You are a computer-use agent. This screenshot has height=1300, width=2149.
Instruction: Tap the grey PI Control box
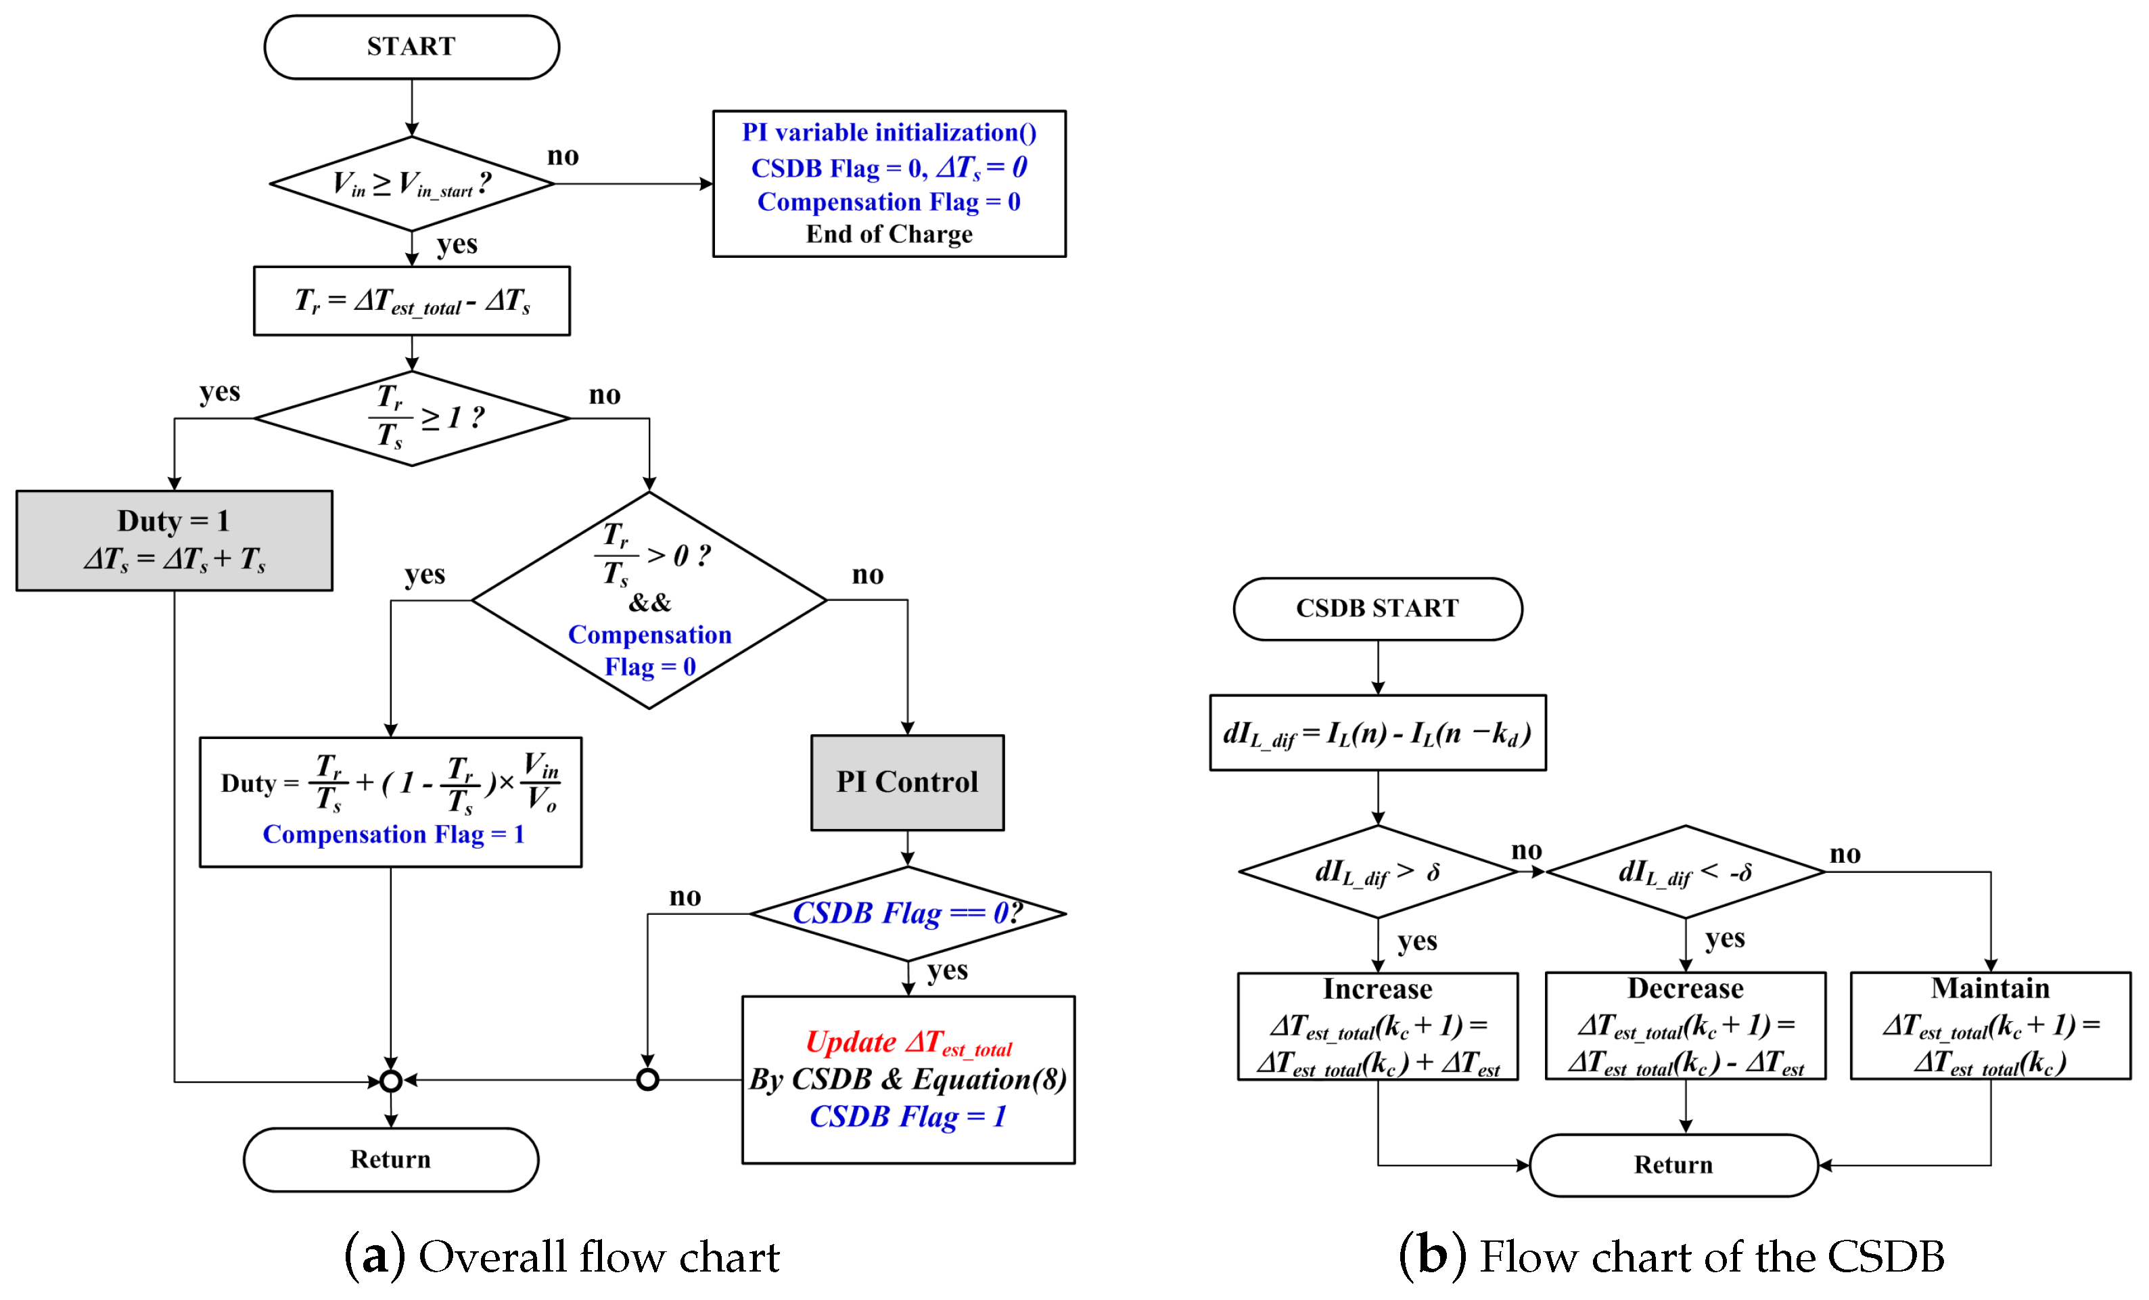pos(907,782)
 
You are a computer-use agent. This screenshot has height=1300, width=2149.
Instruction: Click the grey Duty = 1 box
pos(175,540)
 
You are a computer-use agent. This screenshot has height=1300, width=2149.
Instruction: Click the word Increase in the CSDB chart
pos(1377,989)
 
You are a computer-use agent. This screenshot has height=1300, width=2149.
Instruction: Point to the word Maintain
pos(1990,987)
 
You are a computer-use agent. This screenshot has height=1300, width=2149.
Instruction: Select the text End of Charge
pos(889,234)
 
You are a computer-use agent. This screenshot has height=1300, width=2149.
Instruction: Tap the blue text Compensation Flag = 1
pos(394,834)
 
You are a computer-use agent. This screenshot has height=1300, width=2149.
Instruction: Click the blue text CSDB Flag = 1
pos(908,1116)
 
